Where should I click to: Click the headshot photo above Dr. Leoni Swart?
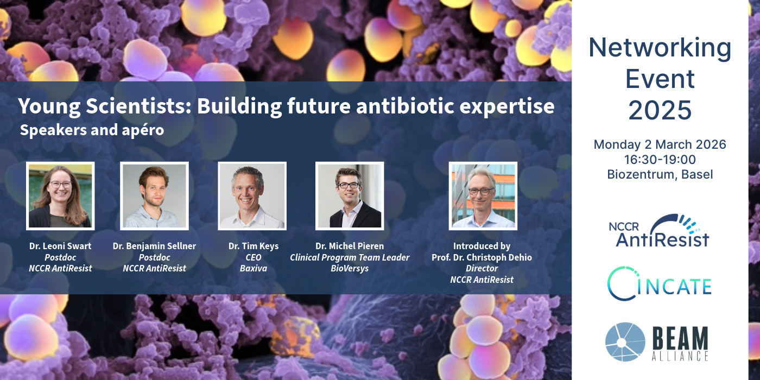[x=60, y=196]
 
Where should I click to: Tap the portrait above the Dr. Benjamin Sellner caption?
[x=154, y=196]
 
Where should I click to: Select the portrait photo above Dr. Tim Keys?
[x=252, y=196]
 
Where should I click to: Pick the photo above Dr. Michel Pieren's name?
[x=350, y=196]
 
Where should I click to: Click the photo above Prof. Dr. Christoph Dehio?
[x=483, y=196]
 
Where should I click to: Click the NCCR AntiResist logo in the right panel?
[x=659, y=231]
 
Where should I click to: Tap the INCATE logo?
[x=659, y=283]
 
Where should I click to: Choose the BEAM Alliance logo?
[x=657, y=341]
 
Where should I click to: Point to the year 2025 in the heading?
[x=660, y=110]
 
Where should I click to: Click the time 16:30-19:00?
[x=660, y=160]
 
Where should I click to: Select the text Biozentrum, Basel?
[x=660, y=174]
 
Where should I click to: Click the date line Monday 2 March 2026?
[x=660, y=144]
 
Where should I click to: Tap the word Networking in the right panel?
[x=660, y=48]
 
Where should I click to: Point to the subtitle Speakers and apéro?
[x=92, y=130]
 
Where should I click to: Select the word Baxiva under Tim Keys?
[x=254, y=268]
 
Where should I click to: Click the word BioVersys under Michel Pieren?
[x=350, y=268]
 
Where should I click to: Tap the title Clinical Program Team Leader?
[x=350, y=257]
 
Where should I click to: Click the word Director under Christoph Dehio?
[x=482, y=268]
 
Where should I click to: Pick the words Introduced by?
[x=482, y=246]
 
